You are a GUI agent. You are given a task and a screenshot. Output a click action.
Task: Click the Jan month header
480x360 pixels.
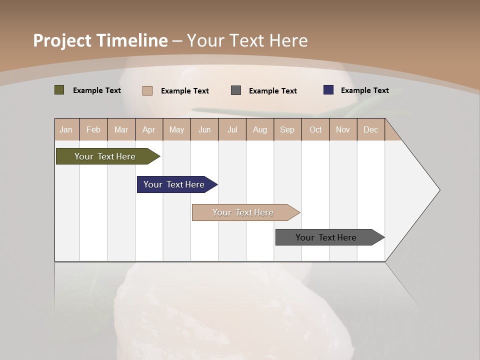(66, 129)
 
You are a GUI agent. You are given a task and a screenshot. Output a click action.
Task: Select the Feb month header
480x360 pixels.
(93, 129)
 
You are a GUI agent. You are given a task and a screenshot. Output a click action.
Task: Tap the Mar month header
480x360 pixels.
(121, 129)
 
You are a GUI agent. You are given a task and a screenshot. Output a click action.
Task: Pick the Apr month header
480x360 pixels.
(149, 129)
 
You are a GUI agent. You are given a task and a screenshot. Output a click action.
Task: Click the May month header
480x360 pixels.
(176, 129)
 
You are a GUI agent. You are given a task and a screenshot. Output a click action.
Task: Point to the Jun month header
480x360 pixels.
(204, 129)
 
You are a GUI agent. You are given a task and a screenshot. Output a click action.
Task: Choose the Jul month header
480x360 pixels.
(232, 129)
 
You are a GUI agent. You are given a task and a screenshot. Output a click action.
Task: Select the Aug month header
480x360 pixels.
(260, 129)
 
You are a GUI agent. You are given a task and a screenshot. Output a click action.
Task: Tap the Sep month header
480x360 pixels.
(287, 129)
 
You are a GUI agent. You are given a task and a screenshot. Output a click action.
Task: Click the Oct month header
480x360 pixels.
(315, 129)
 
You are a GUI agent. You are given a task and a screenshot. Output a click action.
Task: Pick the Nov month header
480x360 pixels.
(343, 129)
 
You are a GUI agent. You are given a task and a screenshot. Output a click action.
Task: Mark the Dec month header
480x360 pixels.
(371, 129)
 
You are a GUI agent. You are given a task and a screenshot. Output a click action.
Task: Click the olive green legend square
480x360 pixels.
(59, 90)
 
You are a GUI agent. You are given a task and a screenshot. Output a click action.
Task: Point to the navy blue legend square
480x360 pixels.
(328, 90)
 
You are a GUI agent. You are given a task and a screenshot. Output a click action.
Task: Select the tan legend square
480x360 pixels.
(147, 90)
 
